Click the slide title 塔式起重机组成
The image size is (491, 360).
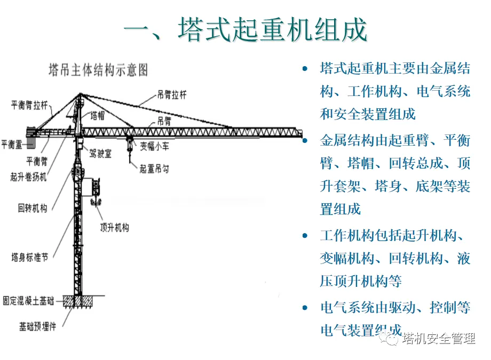pos(245,30)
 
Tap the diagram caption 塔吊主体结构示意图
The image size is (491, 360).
pos(98,69)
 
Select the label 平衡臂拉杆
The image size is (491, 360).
pos(29,105)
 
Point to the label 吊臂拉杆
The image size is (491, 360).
pos(172,95)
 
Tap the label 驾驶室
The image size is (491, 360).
pos(100,154)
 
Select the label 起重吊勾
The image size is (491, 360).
pos(154,170)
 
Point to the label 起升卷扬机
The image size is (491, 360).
pos(28,177)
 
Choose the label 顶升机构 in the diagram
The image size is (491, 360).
pos(114,227)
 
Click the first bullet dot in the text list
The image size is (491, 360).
pos(305,69)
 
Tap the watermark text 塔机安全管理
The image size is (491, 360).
pos(439,338)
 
